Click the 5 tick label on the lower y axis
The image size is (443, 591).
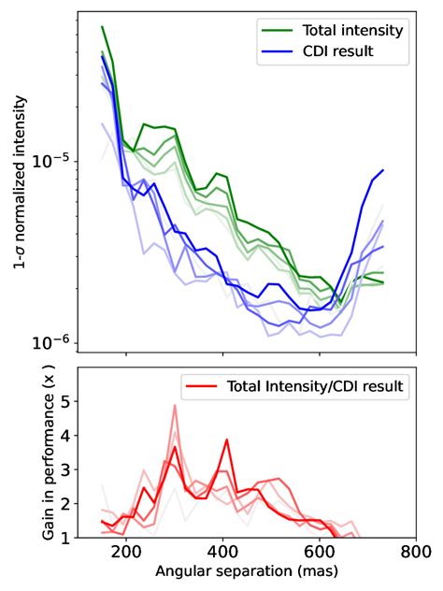pos(64,401)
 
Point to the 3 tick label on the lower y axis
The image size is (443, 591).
pos(64,469)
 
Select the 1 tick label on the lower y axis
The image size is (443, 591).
pos(64,538)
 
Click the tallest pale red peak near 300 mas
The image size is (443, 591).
pos(174,406)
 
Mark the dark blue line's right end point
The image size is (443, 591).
pos(383,170)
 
